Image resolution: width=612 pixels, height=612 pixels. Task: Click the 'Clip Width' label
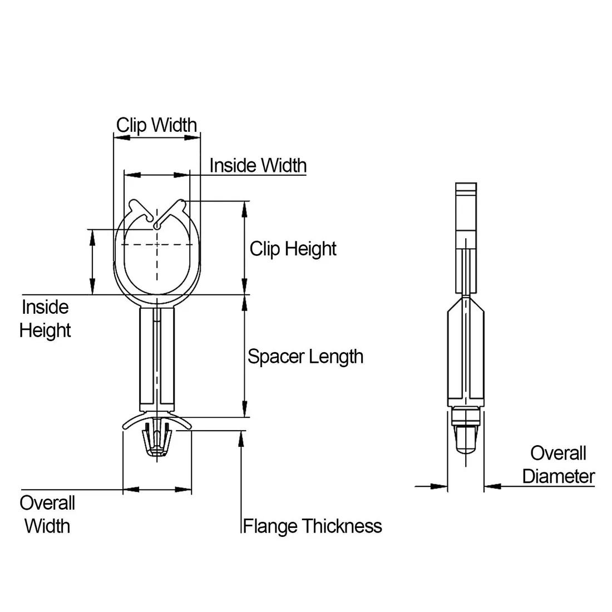(x=156, y=125)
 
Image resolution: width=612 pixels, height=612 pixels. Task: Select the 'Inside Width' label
(x=258, y=165)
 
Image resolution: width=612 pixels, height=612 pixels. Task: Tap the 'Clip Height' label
(x=293, y=248)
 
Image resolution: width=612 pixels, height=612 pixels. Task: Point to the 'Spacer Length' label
(x=305, y=356)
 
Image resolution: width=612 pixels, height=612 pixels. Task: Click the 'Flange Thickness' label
(x=312, y=526)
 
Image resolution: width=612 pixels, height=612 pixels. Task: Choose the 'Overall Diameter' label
(x=558, y=465)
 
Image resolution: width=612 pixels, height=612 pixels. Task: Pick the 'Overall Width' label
(x=47, y=514)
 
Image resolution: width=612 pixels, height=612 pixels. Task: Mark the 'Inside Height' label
(x=45, y=319)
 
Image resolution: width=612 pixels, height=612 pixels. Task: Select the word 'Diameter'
(x=559, y=476)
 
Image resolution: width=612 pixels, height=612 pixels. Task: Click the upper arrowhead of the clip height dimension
(x=244, y=209)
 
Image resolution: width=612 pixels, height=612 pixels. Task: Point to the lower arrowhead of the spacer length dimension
(x=244, y=409)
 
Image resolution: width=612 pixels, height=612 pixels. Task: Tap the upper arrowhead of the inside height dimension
(x=92, y=236)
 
